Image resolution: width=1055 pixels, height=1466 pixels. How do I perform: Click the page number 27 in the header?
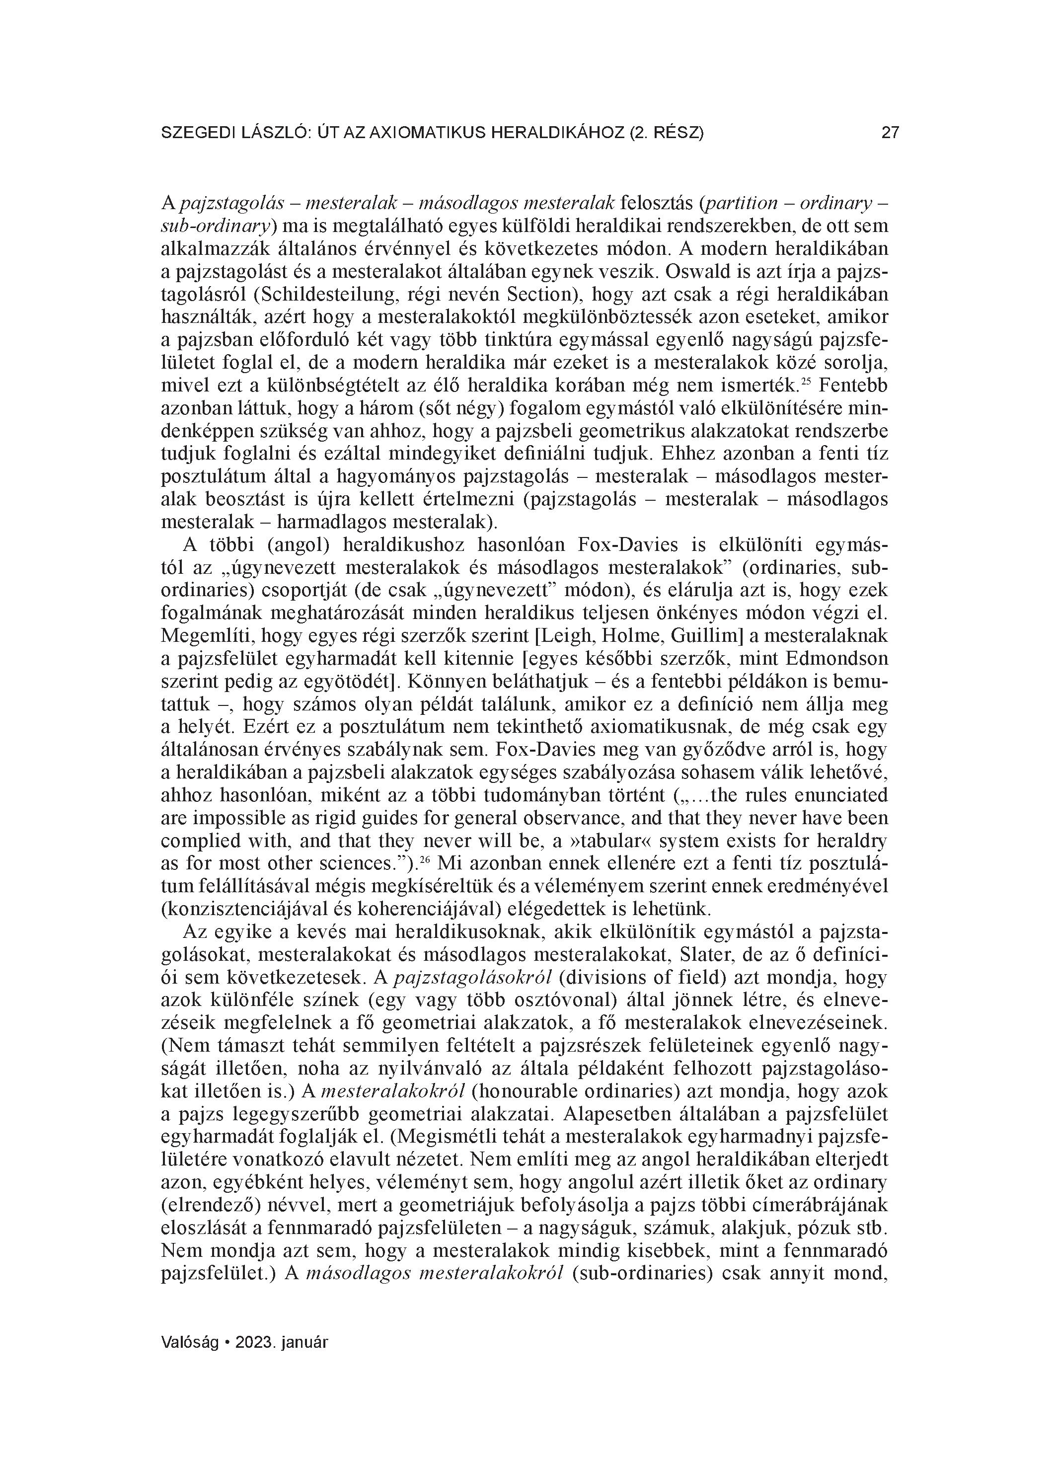point(890,133)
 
